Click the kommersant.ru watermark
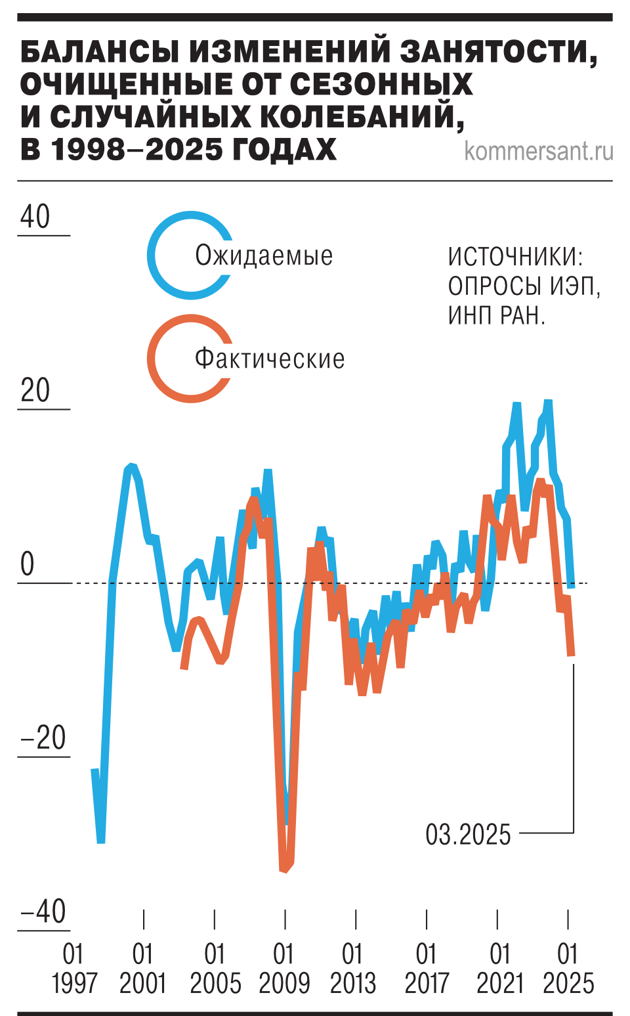point(538,151)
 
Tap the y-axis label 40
point(35,217)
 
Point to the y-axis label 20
point(35,391)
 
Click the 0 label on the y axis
point(27,564)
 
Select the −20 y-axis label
point(43,738)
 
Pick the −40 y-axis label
point(43,912)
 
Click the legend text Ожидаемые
point(264,255)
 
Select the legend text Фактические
point(270,359)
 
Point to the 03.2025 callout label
point(468,835)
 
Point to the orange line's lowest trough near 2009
point(284,870)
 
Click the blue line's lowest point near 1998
point(101,841)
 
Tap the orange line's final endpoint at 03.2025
point(572,654)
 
